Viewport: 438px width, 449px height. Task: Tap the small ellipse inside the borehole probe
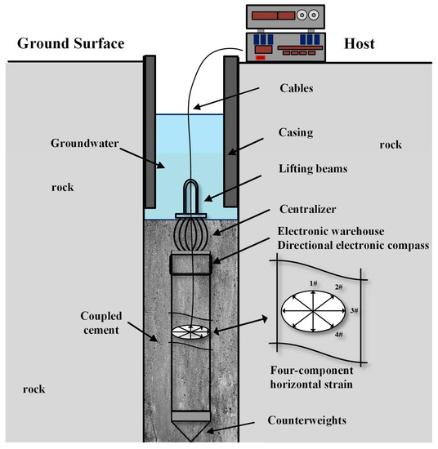coord(192,330)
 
